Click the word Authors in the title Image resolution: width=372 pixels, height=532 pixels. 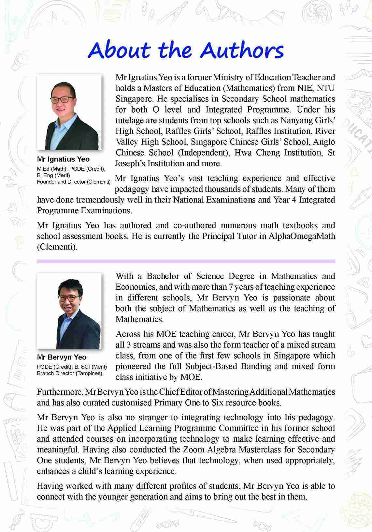(x=242, y=50)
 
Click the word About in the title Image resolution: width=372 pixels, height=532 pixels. (x=119, y=50)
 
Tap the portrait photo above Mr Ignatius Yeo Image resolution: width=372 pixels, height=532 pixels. (x=69, y=112)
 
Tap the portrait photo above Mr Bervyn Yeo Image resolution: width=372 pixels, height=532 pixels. (x=69, y=311)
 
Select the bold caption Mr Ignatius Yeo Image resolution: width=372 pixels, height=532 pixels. (x=63, y=159)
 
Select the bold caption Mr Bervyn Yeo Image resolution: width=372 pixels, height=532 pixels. (x=62, y=357)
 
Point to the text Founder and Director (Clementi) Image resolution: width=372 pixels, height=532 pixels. (x=74, y=182)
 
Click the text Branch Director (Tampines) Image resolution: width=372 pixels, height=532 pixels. (x=69, y=373)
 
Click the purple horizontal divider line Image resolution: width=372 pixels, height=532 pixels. (x=186, y=261)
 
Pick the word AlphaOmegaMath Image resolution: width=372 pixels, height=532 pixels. (x=302, y=236)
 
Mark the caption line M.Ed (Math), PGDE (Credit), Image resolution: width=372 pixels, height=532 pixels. (x=71, y=169)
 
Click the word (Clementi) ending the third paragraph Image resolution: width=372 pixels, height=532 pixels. (x=57, y=247)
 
